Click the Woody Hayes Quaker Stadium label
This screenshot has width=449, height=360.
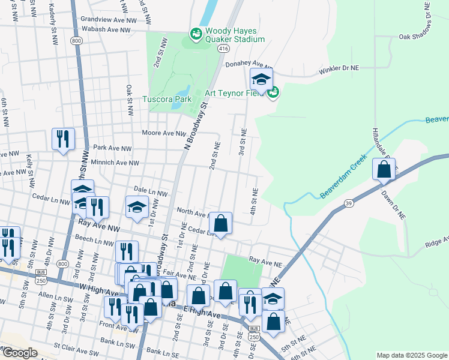pyautogui.click(x=235, y=35)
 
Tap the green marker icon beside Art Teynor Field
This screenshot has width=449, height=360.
pyautogui.click(x=273, y=92)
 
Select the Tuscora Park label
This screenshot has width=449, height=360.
pyautogui.click(x=166, y=99)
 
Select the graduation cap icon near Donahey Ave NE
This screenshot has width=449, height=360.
pyautogui.click(x=261, y=79)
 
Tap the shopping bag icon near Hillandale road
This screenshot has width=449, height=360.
pyautogui.click(x=384, y=170)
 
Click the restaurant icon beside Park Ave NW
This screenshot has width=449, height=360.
pyautogui.click(x=63, y=139)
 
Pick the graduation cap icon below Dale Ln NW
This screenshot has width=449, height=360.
pyautogui.click(x=137, y=208)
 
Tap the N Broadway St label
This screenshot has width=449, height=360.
pyautogui.click(x=196, y=127)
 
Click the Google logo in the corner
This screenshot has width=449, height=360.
pyautogui.click(x=19, y=353)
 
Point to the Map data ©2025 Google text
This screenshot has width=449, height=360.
pyautogui.click(x=411, y=355)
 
